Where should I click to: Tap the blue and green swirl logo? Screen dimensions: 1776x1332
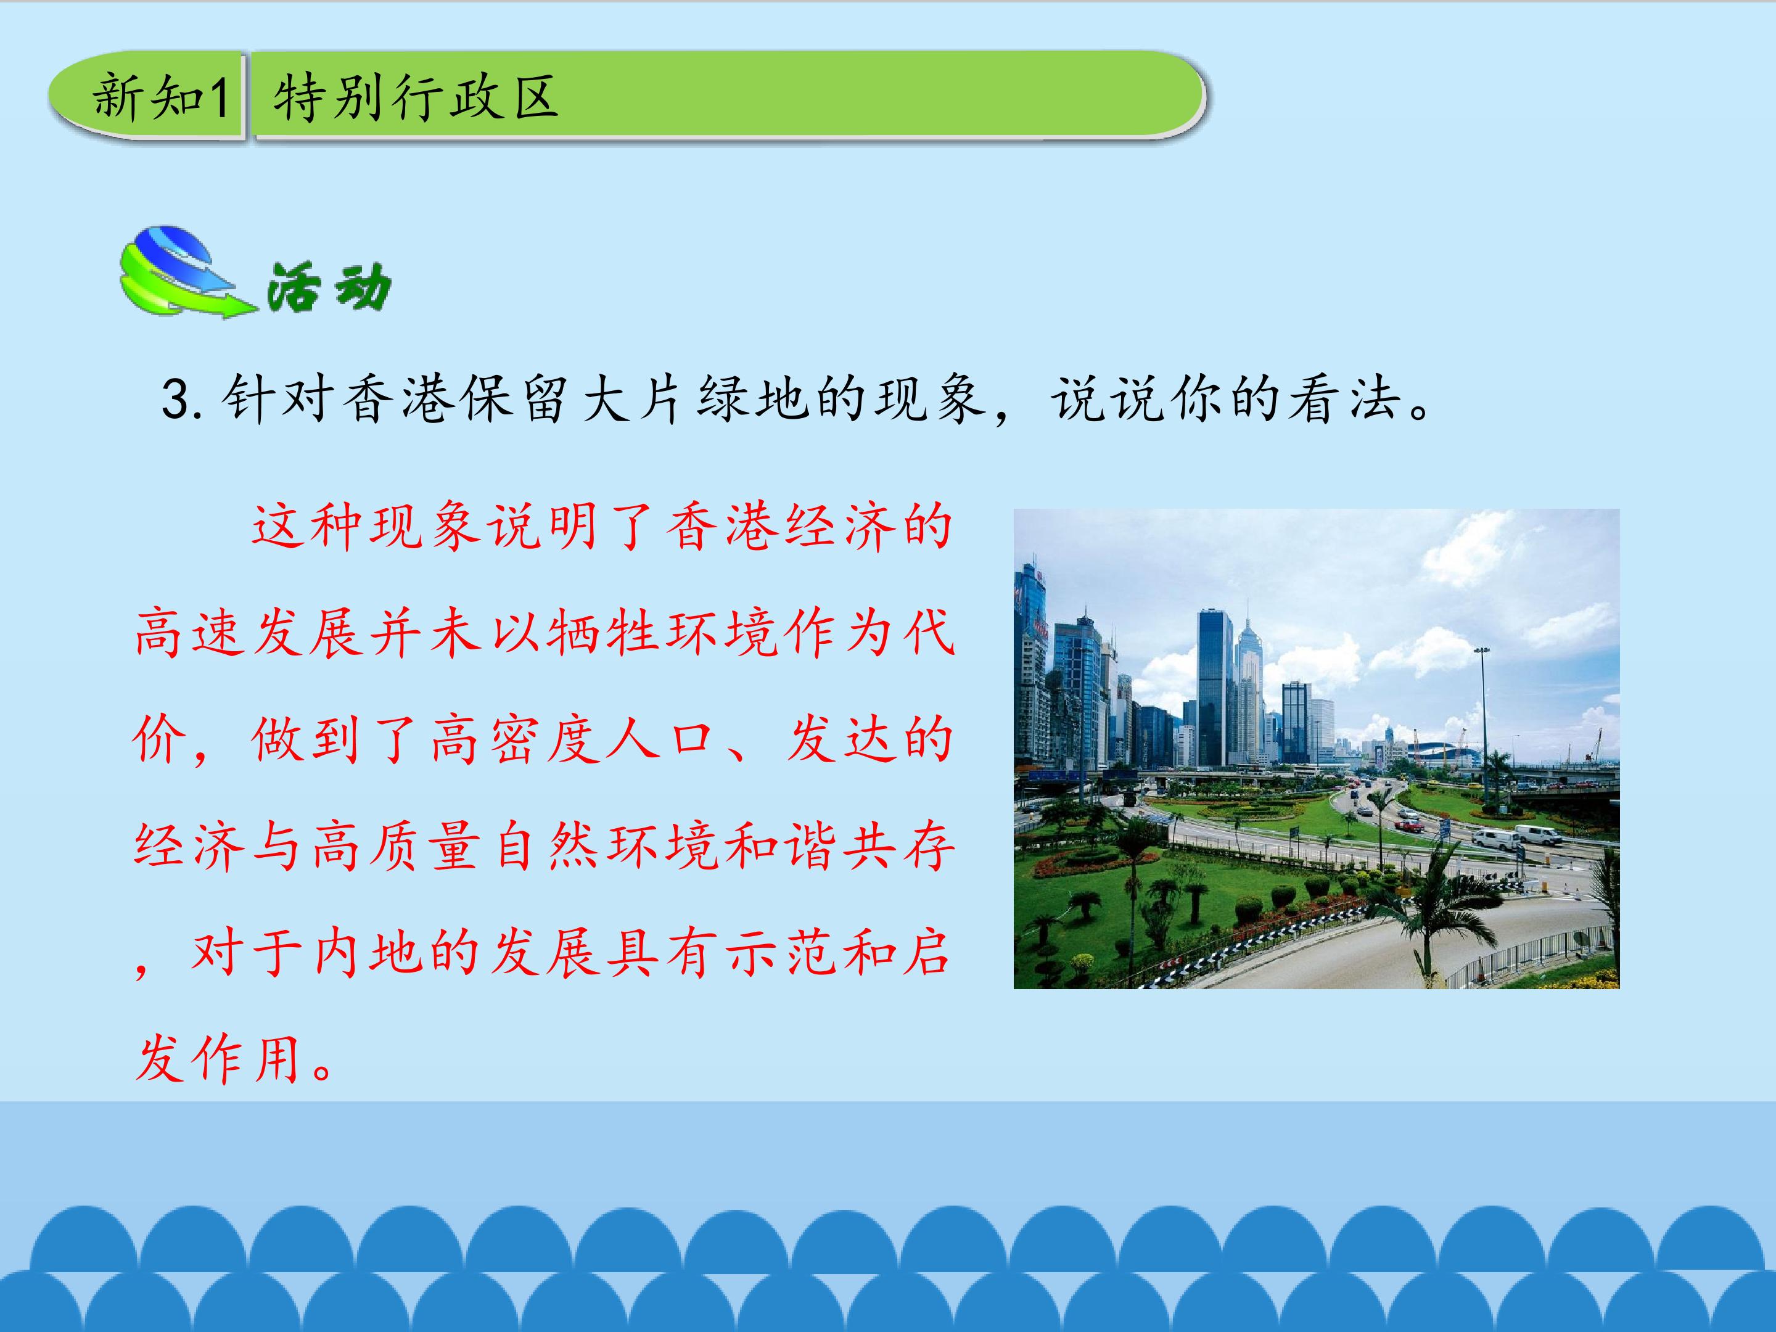click(181, 271)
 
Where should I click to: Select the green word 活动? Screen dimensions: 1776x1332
click(329, 287)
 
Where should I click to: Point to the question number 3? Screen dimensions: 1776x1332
click(175, 400)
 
